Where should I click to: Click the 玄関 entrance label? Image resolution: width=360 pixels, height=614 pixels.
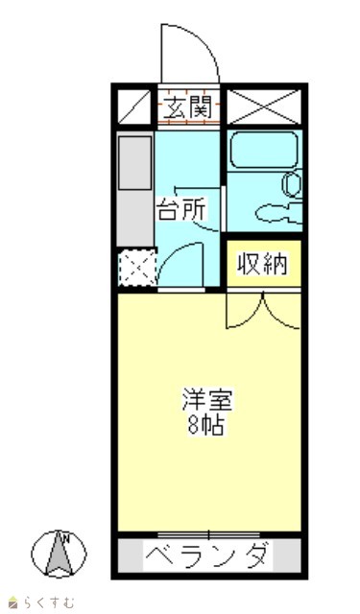tap(187, 106)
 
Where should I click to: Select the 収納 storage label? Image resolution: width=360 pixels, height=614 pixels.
tap(262, 264)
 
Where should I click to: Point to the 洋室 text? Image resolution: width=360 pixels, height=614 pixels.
tap(207, 399)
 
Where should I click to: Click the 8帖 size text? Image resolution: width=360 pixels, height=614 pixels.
tap(206, 425)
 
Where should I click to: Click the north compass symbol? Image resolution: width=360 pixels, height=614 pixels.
tap(59, 554)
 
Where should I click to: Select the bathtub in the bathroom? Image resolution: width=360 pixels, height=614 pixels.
tap(264, 150)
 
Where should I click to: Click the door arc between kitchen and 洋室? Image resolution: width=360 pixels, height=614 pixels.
tap(174, 253)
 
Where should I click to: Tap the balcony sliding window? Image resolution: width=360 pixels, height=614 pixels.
tap(208, 534)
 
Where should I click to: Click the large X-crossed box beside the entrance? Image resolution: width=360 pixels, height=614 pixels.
tap(264, 106)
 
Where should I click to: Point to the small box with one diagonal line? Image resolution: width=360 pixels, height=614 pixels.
tap(134, 106)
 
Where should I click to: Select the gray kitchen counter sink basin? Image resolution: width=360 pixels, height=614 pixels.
tap(134, 163)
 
